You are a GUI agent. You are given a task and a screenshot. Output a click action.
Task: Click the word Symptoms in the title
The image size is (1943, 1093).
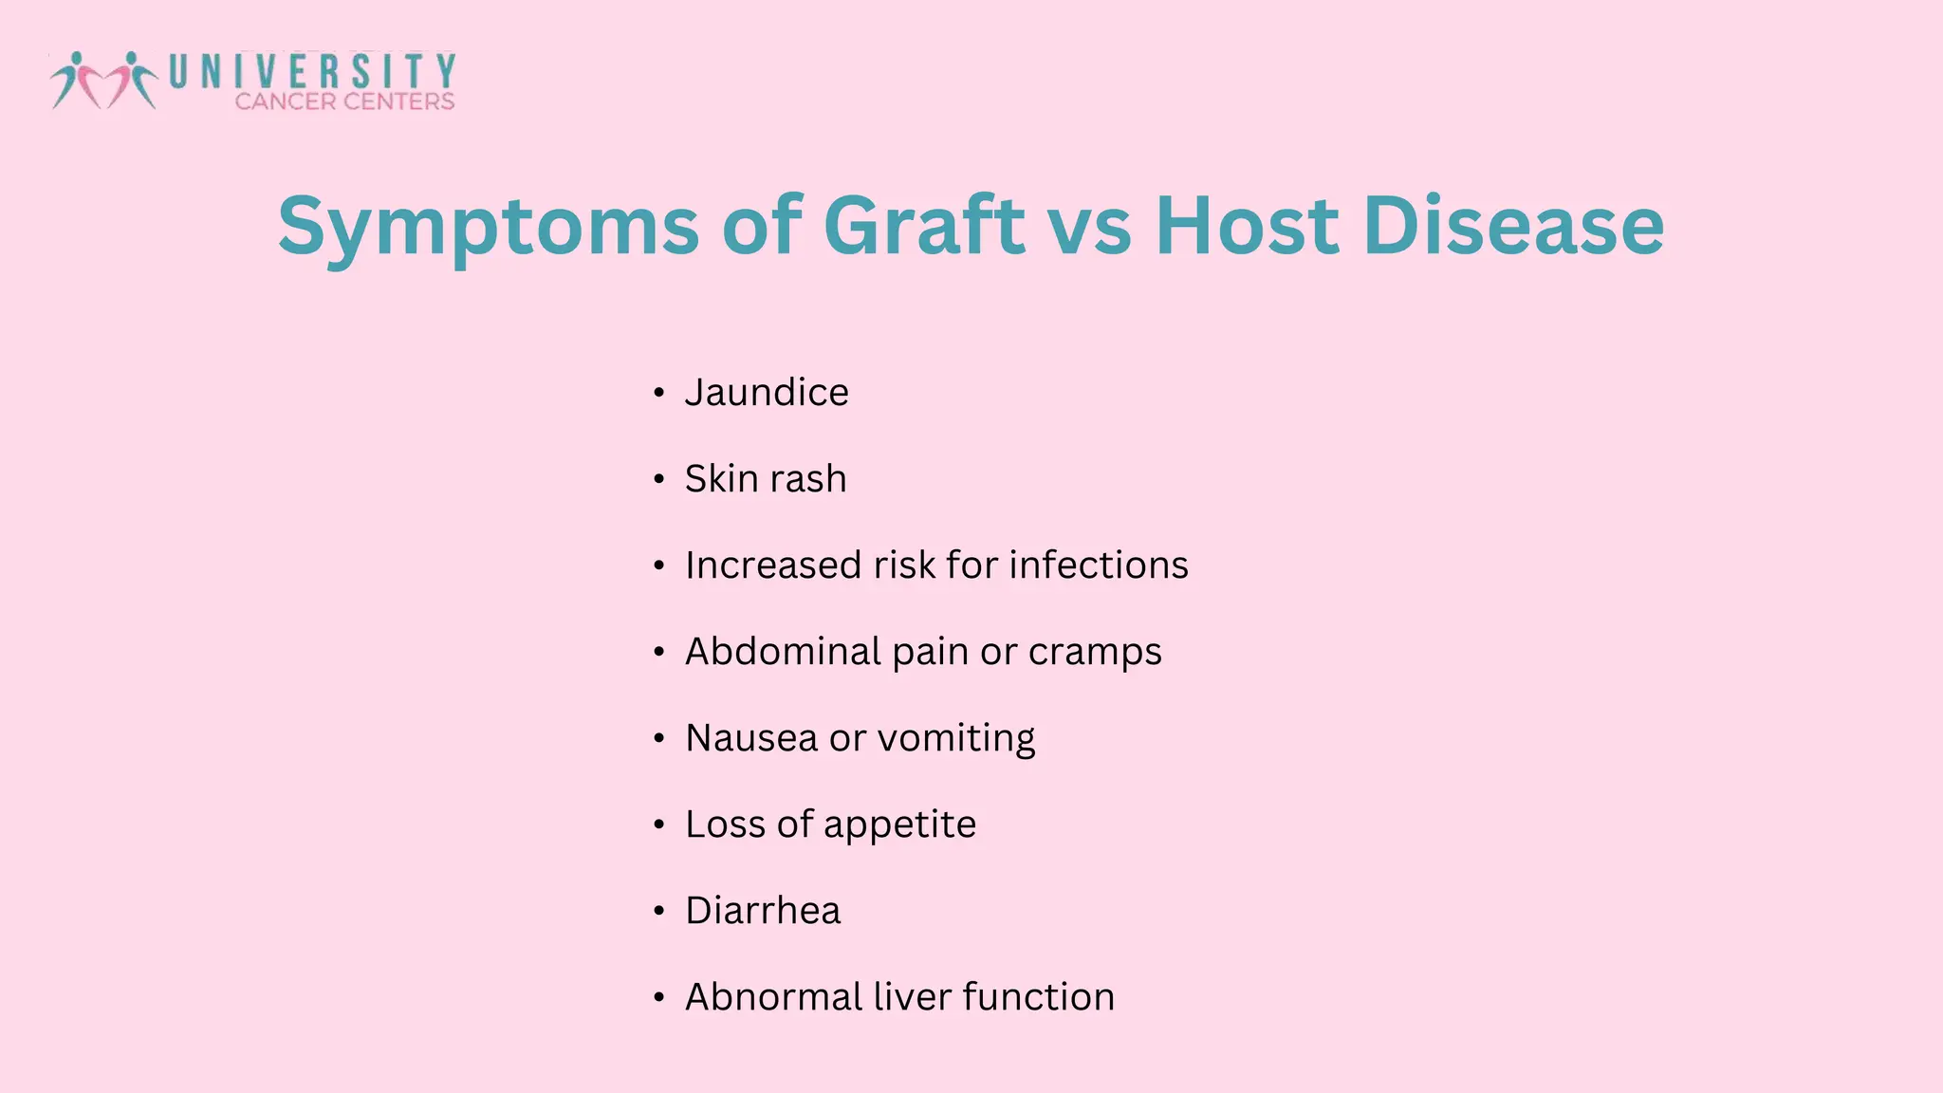point(489,228)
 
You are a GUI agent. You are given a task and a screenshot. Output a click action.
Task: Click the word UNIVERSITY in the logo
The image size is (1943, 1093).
point(313,72)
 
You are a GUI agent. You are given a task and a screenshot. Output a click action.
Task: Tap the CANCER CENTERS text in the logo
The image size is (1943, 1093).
point(344,102)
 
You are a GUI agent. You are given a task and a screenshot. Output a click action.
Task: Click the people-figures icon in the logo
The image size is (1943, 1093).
point(103,80)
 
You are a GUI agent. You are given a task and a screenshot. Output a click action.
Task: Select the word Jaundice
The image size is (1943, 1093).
point(767,392)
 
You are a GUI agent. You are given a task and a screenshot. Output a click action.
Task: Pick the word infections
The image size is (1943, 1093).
point(1098,565)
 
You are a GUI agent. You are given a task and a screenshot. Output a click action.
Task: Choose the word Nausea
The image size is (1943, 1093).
point(751,737)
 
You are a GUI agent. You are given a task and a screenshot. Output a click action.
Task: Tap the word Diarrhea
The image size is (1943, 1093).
point(763,910)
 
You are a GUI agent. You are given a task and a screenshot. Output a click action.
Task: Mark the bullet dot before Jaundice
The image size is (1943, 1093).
point(659,393)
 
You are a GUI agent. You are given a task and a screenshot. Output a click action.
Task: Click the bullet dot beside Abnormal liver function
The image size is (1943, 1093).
point(659,997)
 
